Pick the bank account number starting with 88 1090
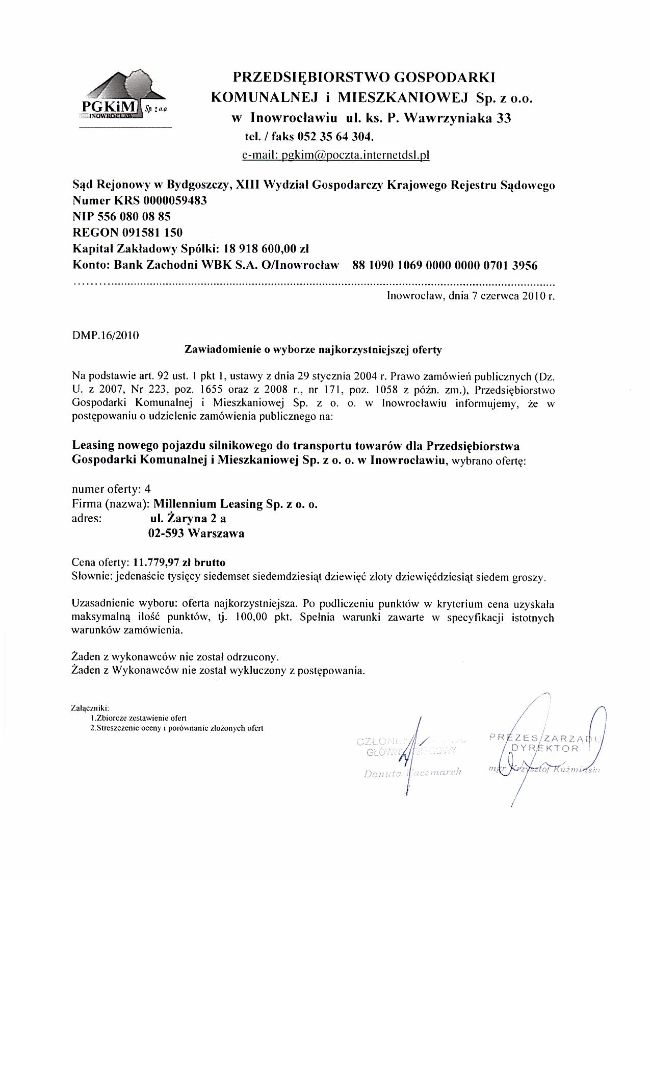pos(445,265)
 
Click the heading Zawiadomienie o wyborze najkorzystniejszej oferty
pos(313,350)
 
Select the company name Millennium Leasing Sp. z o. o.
pos(236,504)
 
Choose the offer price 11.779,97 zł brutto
pos(179,563)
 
